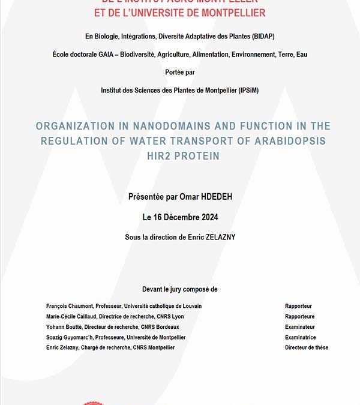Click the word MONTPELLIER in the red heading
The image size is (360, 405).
coord(230,13)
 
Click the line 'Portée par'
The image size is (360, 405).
coord(179,72)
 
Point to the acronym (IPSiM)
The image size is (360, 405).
coord(245,90)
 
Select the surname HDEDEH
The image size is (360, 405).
coord(213,197)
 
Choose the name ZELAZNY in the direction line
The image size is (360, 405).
coord(217,238)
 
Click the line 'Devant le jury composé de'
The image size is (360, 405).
coord(179,289)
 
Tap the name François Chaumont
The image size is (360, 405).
coord(71,306)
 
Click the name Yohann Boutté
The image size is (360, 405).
coord(64,327)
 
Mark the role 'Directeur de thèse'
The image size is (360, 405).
coord(307,347)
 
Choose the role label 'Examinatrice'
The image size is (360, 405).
coord(300,337)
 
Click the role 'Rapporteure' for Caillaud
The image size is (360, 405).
coord(299,317)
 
